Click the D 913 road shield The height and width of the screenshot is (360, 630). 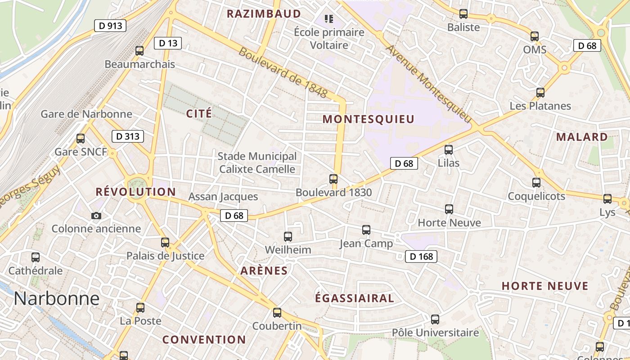pyautogui.click(x=110, y=26)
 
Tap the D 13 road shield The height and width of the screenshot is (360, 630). pyautogui.click(x=168, y=43)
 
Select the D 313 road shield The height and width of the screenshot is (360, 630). pyautogui.click(x=127, y=136)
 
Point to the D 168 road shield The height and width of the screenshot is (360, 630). pyautogui.click(x=421, y=256)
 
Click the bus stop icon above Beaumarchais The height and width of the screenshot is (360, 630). pyautogui.click(x=139, y=51)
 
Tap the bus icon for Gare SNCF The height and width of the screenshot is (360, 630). pyautogui.click(x=81, y=139)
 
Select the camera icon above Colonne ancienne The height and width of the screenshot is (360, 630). pyautogui.click(x=96, y=216)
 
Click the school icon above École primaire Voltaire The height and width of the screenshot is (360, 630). pyautogui.click(x=329, y=19)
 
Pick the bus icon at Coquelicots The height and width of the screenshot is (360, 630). pyautogui.click(x=536, y=183)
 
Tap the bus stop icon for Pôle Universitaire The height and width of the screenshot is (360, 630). pyautogui.click(x=435, y=319)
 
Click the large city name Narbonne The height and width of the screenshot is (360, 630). pyautogui.click(x=56, y=298)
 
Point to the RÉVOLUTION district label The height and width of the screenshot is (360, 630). pyautogui.click(x=136, y=192)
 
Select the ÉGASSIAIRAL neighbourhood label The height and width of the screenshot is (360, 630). pyautogui.click(x=354, y=298)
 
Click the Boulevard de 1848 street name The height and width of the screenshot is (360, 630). pyautogui.click(x=283, y=72)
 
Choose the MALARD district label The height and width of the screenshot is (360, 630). pyautogui.click(x=581, y=137)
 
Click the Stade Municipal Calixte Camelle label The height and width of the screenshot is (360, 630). pyautogui.click(x=257, y=162)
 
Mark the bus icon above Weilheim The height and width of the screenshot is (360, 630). pyautogui.click(x=288, y=236)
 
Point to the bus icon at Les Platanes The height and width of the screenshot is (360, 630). pyautogui.click(x=540, y=93)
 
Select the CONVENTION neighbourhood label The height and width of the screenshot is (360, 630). pyautogui.click(x=204, y=339)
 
